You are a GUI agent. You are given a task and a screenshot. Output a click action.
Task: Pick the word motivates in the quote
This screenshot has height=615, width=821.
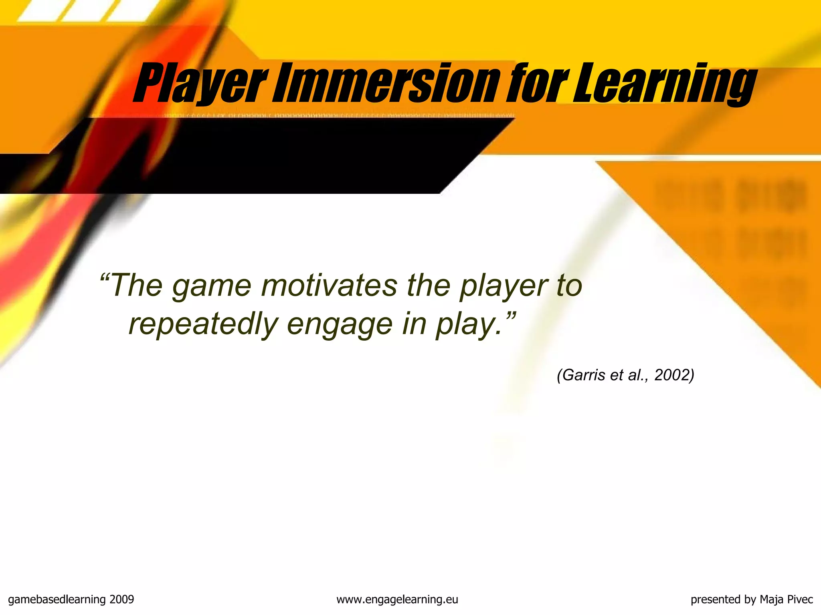coord(329,286)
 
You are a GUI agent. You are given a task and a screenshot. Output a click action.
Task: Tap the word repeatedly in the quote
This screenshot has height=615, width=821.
coord(203,325)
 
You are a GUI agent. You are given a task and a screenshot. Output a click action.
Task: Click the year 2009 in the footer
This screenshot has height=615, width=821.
coord(121,599)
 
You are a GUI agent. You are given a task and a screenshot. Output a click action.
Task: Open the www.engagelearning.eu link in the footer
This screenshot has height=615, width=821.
coord(397,600)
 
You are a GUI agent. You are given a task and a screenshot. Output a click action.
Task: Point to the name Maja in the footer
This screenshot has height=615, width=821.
coord(772,600)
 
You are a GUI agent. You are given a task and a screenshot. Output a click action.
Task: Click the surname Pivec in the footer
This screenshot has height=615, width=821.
coord(800,599)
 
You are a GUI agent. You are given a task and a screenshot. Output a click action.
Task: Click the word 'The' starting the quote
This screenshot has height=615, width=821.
coord(137,286)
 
